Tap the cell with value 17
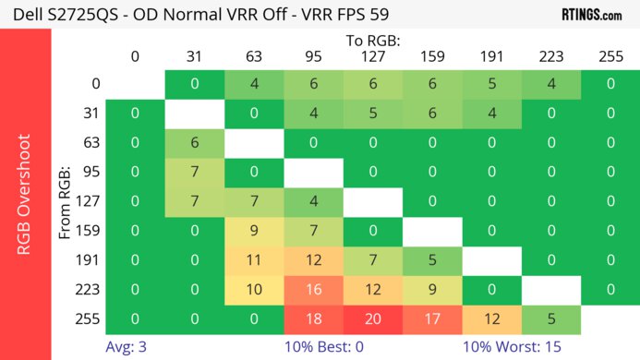[x=430, y=320]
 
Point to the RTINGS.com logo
[x=591, y=15]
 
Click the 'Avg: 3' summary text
[x=125, y=348]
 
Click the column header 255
[x=609, y=56]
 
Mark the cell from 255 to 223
[x=549, y=320]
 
